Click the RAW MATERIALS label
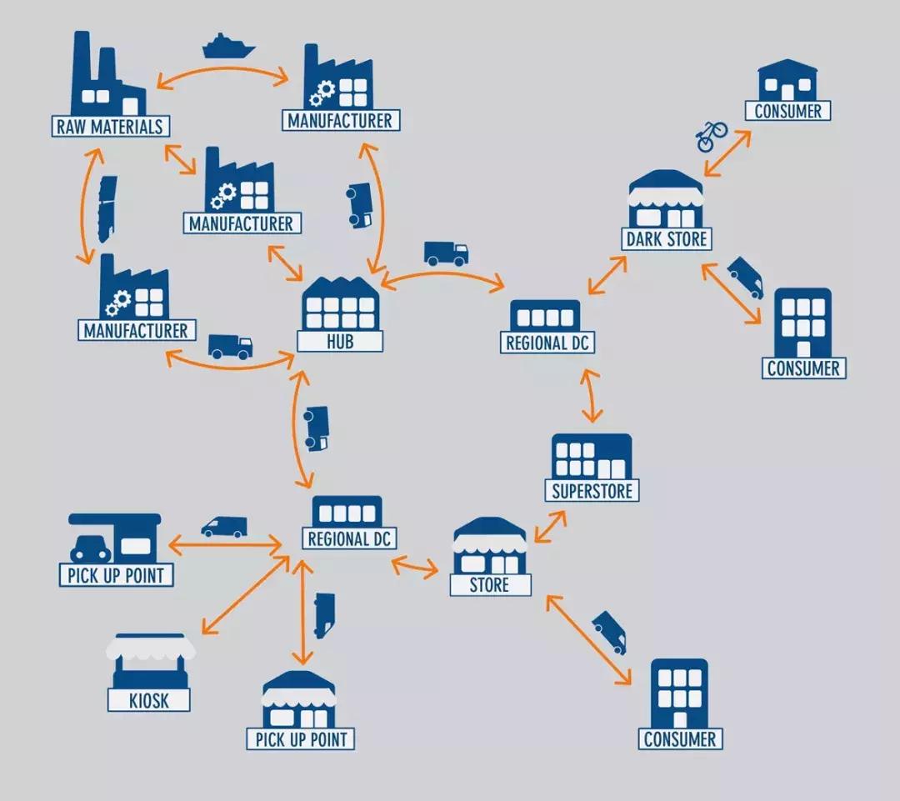[110, 127]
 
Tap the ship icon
[227, 46]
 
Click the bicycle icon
[712, 135]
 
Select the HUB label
[340, 342]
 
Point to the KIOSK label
[149, 699]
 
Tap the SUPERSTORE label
[592, 490]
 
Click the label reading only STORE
[490, 585]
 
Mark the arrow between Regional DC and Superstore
[591, 395]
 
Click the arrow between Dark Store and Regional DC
[607, 274]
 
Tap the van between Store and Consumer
[609, 632]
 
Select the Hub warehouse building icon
[340, 306]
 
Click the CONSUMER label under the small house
[787, 111]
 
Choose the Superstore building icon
[592, 457]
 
